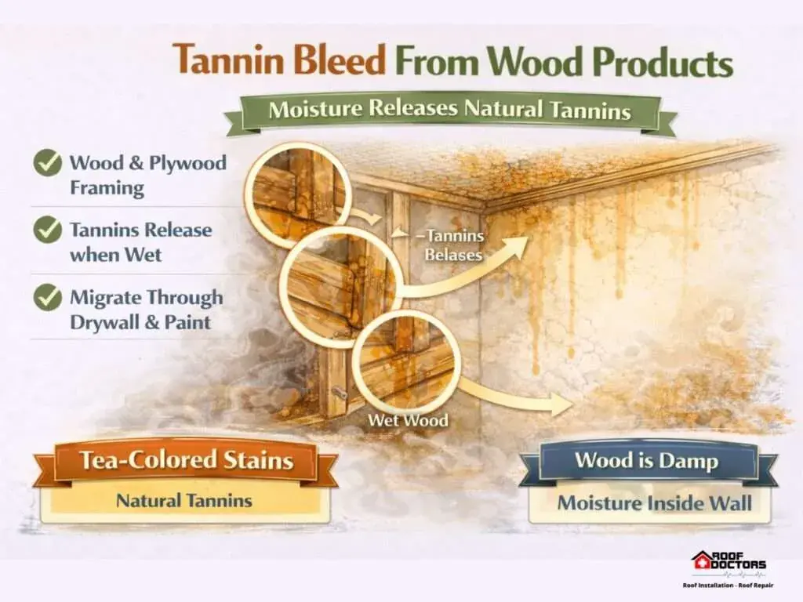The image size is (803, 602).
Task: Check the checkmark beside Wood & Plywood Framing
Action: pos(47,163)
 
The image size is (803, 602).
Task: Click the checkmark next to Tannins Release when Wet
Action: pos(47,230)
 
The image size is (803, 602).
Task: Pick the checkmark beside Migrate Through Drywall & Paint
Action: pos(47,297)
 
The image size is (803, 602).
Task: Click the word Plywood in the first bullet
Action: pos(187,163)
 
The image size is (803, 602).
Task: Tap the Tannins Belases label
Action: pos(452,245)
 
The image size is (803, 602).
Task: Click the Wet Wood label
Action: pos(408,420)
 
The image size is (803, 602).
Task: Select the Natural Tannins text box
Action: pos(184,501)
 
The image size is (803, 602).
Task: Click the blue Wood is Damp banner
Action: pos(647,462)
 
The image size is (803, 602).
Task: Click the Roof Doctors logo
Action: pos(729,569)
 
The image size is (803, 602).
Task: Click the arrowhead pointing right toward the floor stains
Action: pos(561,404)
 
